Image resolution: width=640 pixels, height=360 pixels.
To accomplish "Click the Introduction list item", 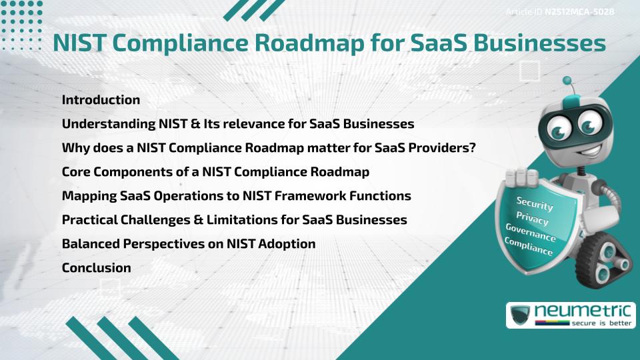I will pyautogui.click(x=101, y=100).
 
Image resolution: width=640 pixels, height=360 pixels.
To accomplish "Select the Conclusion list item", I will pyautogui.click(x=96, y=268).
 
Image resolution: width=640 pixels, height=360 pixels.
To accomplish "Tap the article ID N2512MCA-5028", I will pyautogui.click(x=579, y=12).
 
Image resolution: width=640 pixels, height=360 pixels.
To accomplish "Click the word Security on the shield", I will pyautogui.click(x=535, y=204).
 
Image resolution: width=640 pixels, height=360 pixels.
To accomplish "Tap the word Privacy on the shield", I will pyautogui.click(x=533, y=219).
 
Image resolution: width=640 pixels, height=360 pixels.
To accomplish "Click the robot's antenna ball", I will pyautogui.click(x=567, y=81).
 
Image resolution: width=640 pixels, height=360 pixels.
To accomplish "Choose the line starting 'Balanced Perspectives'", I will pyautogui.click(x=189, y=244).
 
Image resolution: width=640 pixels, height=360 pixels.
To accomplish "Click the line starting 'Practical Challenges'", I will pyautogui.click(x=234, y=220).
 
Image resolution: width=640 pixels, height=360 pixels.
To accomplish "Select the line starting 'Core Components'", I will pyautogui.click(x=215, y=172).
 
